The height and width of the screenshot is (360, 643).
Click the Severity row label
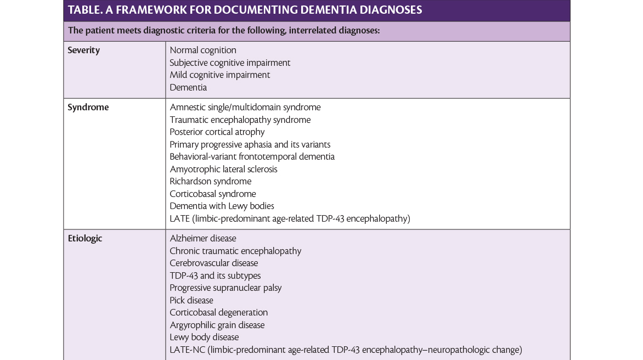(83, 50)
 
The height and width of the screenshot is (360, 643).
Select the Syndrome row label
(88, 108)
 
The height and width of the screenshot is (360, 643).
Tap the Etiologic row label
(84, 239)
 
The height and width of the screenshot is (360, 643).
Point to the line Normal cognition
(203, 50)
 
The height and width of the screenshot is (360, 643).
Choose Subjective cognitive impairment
(230, 63)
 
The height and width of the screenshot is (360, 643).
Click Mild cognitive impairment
(219, 75)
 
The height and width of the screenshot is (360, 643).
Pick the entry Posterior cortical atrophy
(217, 132)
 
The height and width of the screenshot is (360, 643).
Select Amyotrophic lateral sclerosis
(223, 169)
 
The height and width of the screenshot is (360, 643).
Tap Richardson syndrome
(210, 182)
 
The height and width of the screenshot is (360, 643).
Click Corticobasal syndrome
(212, 194)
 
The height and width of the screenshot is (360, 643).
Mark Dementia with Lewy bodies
(222, 206)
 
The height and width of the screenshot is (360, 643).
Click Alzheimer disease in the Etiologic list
(202, 239)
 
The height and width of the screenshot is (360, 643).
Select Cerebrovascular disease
(213, 263)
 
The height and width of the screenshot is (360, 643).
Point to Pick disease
(191, 300)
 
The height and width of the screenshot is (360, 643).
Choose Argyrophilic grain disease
(217, 325)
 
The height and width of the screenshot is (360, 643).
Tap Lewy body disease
(204, 337)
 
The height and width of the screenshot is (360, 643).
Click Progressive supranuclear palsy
(225, 288)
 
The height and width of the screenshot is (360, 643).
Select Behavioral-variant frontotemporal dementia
(252, 157)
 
